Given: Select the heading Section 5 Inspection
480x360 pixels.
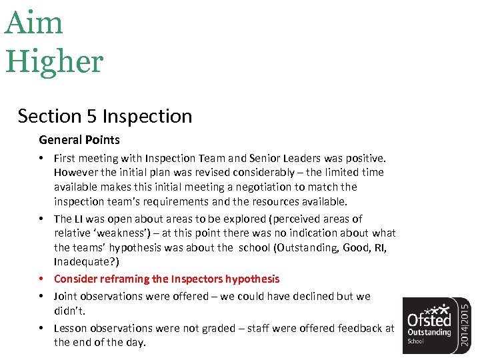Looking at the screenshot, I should [x=105, y=116].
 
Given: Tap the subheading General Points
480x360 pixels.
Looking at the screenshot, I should [x=79, y=140].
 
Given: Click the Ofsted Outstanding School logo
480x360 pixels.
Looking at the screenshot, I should [x=431, y=325].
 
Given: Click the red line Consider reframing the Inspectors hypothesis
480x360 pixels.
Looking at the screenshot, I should [x=167, y=279].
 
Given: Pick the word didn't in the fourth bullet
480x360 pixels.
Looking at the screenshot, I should [x=70, y=311].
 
